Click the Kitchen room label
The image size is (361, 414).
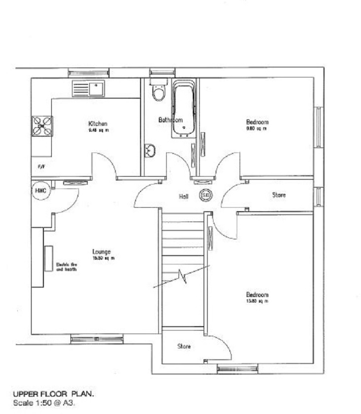[x=98, y=123]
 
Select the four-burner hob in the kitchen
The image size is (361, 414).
[x=42, y=126]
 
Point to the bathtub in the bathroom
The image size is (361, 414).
[x=184, y=110]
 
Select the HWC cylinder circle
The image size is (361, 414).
[x=41, y=191]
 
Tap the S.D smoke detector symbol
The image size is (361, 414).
[x=205, y=196]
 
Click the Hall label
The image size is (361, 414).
[x=184, y=196]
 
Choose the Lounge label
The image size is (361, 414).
[x=102, y=252]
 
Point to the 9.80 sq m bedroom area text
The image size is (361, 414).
[x=256, y=129]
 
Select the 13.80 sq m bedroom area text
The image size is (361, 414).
[x=257, y=301]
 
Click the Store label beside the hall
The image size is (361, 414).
[x=279, y=195]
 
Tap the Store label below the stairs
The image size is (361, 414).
[x=184, y=346]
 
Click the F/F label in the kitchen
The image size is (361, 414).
[x=41, y=167]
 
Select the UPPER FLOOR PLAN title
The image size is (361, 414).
[x=53, y=394]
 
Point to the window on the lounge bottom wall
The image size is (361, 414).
[x=97, y=339]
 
